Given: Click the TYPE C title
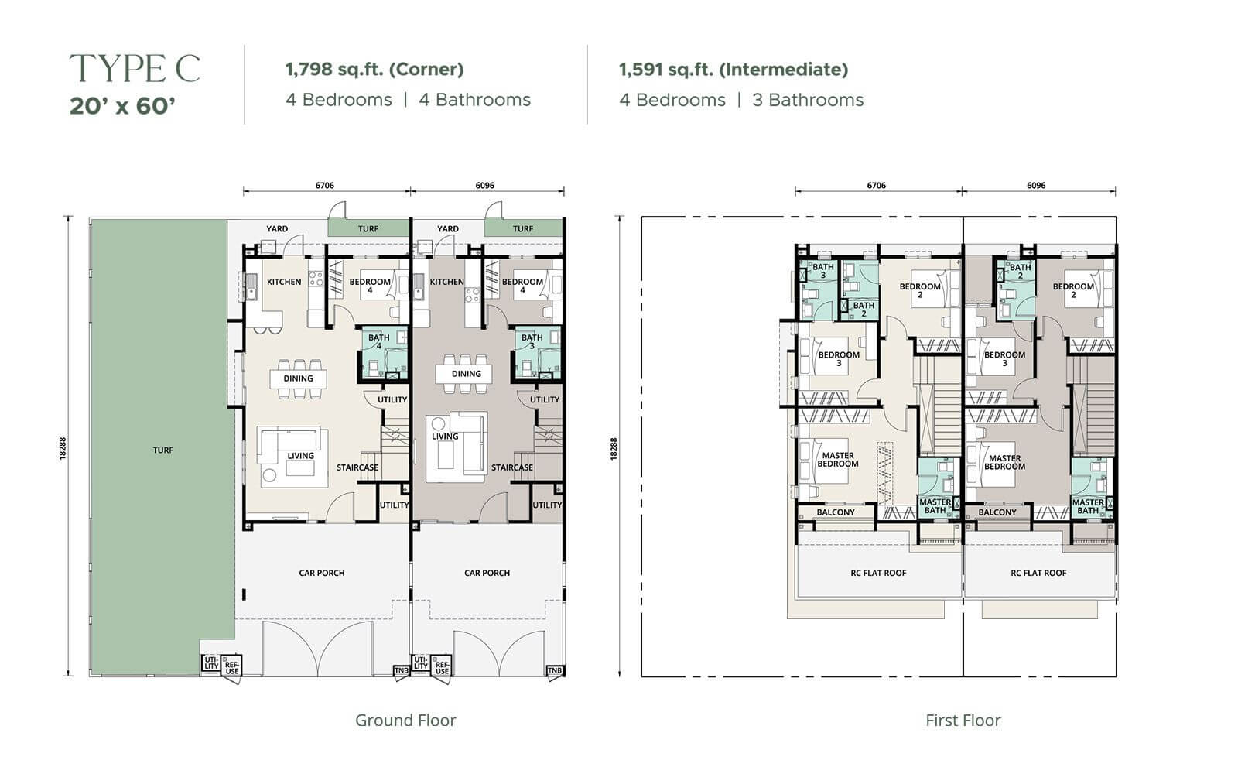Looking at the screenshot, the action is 135,68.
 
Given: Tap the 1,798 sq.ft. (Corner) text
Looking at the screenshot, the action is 374,69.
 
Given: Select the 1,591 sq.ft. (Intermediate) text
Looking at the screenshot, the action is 734,69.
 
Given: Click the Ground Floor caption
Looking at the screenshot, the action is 405,721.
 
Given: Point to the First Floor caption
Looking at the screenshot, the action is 963,721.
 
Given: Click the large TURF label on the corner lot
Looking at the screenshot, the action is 163,450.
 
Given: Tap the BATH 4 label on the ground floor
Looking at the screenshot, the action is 378,341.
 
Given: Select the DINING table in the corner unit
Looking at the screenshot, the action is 299,378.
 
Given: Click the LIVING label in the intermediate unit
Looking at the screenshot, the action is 445,437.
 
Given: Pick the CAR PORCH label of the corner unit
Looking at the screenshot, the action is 322,573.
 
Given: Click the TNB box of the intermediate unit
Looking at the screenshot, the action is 554,670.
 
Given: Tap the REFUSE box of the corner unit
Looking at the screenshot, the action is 231,667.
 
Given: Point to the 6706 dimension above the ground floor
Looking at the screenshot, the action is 324,185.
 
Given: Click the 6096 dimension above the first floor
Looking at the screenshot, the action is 1036,185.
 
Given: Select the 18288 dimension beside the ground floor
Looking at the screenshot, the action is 63,448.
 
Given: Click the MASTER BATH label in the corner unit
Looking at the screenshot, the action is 935,506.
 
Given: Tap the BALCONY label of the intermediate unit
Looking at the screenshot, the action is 997,512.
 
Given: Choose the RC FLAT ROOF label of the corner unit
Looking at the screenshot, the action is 878,573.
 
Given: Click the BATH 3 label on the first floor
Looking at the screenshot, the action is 823,271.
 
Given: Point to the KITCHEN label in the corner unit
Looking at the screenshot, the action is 284,282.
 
